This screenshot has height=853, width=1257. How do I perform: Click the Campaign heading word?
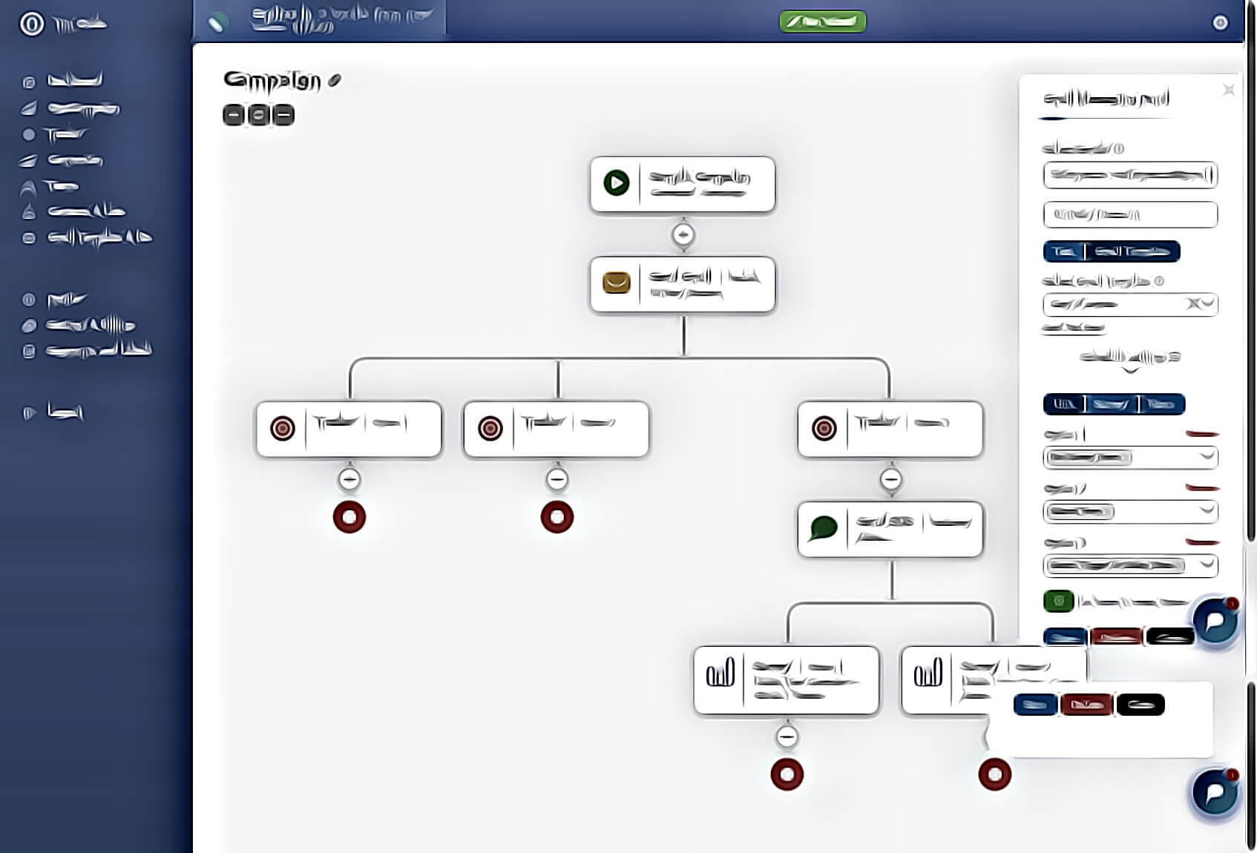[x=272, y=81]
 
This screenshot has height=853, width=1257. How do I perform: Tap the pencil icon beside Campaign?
[x=335, y=80]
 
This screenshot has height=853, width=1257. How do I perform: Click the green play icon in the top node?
[x=616, y=182]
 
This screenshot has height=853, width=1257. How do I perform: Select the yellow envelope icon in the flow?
[x=616, y=283]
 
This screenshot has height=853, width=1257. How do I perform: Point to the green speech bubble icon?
[x=824, y=528]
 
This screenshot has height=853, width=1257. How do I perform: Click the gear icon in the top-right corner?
[x=1220, y=23]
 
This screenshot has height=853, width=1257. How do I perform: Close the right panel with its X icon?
[x=1229, y=90]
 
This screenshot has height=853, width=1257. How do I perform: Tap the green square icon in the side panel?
[x=1058, y=601]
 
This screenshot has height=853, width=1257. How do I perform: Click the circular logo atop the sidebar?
[x=32, y=24]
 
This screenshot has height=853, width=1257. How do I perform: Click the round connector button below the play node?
[x=683, y=235]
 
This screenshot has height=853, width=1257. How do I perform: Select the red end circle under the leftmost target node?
[x=349, y=517]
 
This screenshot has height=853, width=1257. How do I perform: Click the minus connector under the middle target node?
[x=557, y=480]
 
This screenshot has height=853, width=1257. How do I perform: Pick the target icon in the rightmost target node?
[x=824, y=428]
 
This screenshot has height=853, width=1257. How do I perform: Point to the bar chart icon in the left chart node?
[x=720, y=673]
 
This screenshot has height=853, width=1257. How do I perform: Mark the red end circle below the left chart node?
[x=787, y=774]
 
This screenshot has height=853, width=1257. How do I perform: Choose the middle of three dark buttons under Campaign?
[x=258, y=115]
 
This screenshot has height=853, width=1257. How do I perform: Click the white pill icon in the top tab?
[x=216, y=24]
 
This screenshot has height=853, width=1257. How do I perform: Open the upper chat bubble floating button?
[x=1215, y=620]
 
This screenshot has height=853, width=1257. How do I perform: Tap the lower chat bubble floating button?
[x=1215, y=792]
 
